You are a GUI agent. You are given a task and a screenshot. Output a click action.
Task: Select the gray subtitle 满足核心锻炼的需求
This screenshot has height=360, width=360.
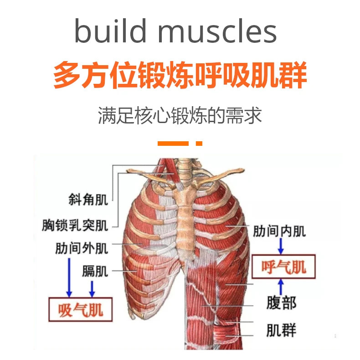[x=180, y=116]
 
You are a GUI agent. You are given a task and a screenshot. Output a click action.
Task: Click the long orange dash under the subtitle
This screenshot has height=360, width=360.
[x=173, y=143]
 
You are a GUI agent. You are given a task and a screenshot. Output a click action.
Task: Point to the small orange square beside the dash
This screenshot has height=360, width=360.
[x=199, y=143]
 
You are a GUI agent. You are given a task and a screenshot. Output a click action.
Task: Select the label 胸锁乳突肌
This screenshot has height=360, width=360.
[x=75, y=225]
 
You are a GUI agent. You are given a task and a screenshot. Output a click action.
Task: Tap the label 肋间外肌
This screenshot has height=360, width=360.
[x=82, y=248]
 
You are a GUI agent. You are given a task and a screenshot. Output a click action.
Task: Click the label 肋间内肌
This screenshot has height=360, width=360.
[x=280, y=231]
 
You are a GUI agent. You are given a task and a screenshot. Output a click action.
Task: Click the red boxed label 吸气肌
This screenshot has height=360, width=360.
[x=81, y=310]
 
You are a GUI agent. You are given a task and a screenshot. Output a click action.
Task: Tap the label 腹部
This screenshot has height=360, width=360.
[x=281, y=302]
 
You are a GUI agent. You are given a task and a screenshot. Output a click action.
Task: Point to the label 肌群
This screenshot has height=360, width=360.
[x=281, y=329]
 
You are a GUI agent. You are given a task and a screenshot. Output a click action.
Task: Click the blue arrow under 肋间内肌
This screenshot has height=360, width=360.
[x=281, y=247]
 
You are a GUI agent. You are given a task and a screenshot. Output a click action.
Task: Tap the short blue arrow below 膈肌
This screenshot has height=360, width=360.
[x=93, y=288]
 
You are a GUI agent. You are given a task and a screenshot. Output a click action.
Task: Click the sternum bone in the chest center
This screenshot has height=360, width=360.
[x=185, y=214]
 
